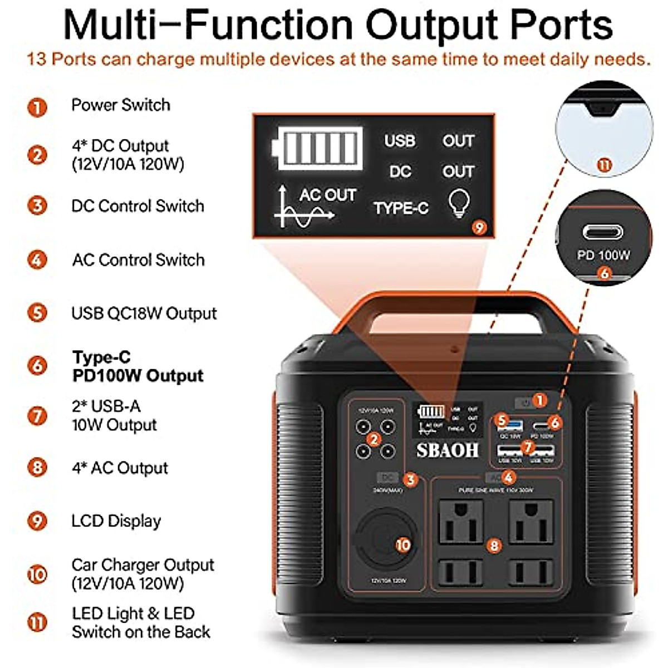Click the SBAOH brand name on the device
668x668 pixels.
[x=447, y=450]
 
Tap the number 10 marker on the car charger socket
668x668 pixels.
[x=403, y=544]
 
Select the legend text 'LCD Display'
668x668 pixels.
[x=116, y=521]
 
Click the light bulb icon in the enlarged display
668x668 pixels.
[x=459, y=203]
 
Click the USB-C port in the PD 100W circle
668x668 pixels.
[x=602, y=232]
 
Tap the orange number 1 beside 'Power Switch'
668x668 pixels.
[x=37, y=106]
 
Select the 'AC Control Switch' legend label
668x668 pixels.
[x=138, y=260]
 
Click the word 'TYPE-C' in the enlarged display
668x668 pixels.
[x=401, y=208]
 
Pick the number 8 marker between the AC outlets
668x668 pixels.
[x=494, y=546]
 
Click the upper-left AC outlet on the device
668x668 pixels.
[x=461, y=522]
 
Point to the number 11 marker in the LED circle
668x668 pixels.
[x=604, y=165]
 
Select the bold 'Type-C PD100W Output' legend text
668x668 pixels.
[x=137, y=366]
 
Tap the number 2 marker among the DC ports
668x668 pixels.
[x=374, y=440]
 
